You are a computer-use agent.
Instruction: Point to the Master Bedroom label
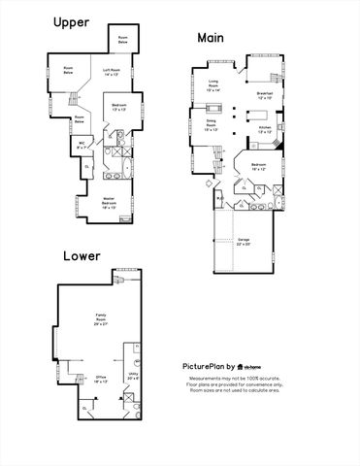[116, 205]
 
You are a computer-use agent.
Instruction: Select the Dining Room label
[212, 126]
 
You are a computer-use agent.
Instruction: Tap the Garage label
[244, 243]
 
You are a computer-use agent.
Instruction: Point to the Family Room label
[101, 317]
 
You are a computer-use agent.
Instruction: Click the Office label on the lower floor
[101, 381]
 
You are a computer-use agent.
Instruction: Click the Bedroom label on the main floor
[259, 168]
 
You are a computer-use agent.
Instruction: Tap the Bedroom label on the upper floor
[118, 106]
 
